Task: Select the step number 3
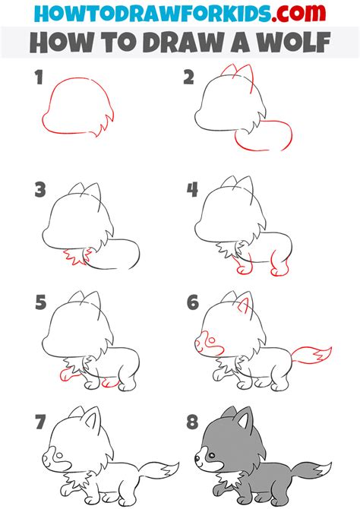coord(39,190)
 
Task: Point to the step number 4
coord(191,190)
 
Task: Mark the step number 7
coord(39,420)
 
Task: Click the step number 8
coord(191,420)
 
